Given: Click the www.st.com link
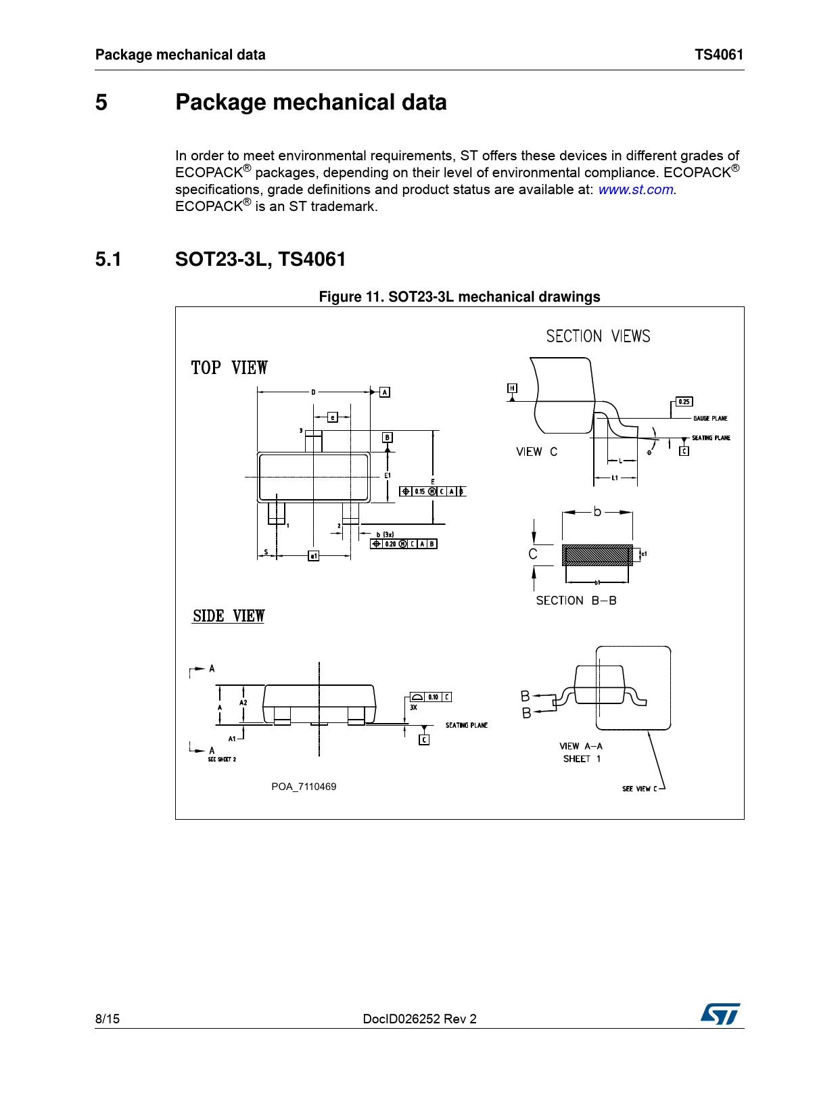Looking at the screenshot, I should [x=636, y=190].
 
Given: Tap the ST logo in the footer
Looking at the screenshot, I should [x=720, y=1014].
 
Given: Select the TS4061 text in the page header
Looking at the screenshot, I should [x=719, y=55].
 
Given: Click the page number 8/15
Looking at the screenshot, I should [x=108, y=1019].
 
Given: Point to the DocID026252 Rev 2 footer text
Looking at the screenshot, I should [x=419, y=1019].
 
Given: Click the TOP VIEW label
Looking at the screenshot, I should [x=229, y=368].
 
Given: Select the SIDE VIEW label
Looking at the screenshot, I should [x=229, y=616].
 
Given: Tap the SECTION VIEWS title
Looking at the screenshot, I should [x=598, y=336].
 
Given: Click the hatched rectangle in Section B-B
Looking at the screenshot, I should [x=597, y=555].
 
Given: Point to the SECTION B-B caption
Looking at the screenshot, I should [x=576, y=601].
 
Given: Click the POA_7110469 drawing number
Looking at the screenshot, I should [x=304, y=787].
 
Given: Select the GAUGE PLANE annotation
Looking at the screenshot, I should [x=710, y=419].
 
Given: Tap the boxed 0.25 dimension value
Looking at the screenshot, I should [x=684, y=402].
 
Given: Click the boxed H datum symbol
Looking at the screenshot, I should [x=513, y=388].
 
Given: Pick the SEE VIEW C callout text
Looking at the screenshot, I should [x=639, y=789].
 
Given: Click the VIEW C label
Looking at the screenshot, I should [x=537, y=452].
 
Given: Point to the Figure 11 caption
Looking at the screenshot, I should [x=459, y=297].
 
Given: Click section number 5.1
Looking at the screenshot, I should [x=108, y=259].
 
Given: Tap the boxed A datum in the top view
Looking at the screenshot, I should [x=385, y=392].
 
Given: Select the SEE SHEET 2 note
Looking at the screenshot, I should [x=222, y=760].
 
